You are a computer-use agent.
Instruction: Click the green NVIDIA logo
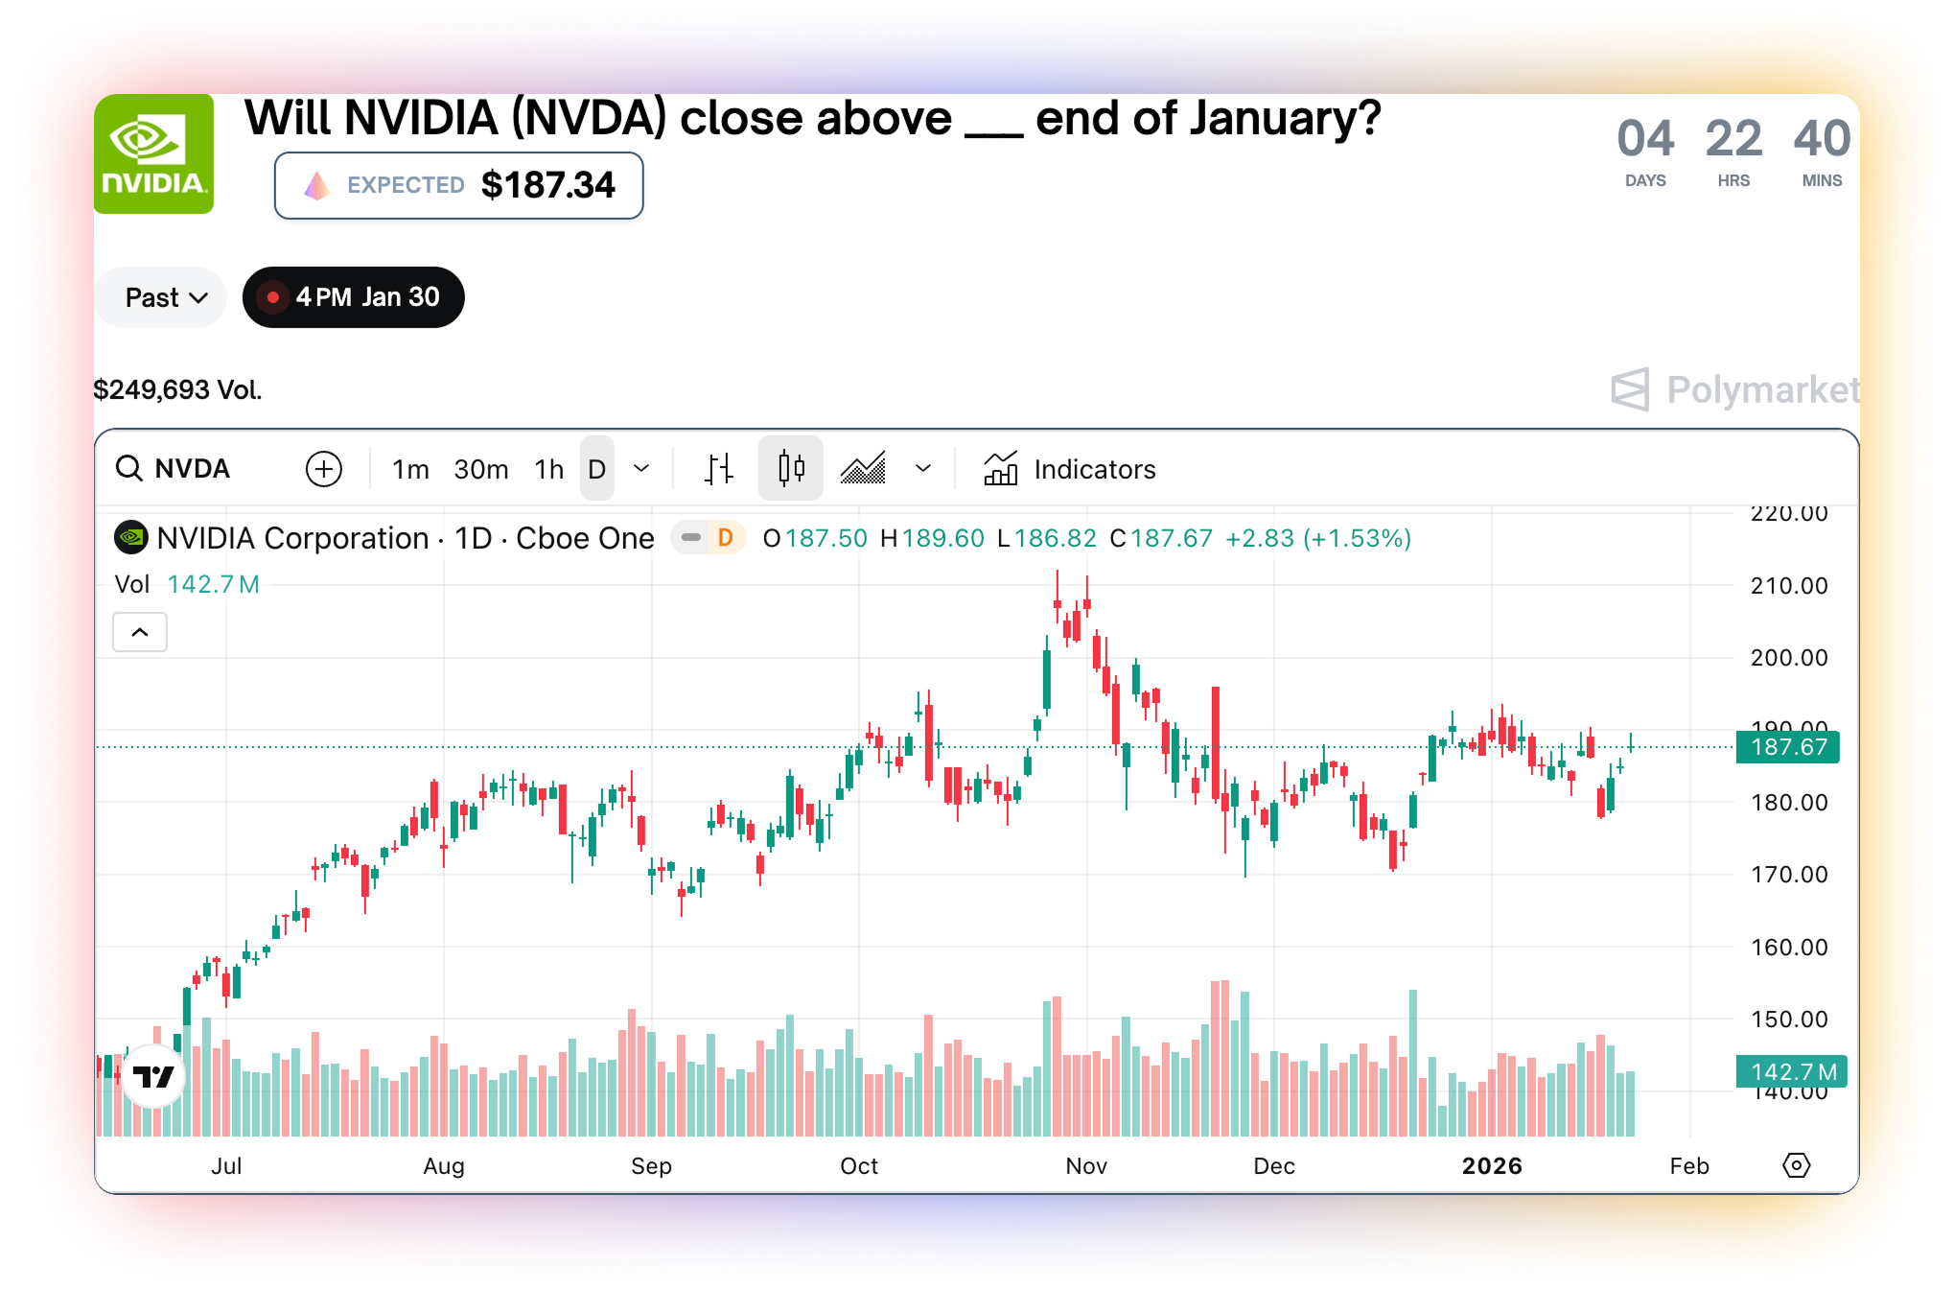(x=153, y=153)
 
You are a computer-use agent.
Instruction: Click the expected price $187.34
(x=547, y=185)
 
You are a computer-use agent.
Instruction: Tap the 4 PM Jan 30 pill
(x=353, y=297)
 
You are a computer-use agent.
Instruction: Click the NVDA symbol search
(x=174, y=469)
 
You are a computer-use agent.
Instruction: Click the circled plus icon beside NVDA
(x=324, y=469)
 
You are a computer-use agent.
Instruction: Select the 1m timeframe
(x=410, y=469)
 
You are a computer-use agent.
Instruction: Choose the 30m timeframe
(x=481, y=469)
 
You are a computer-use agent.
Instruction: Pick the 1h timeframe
(x=549, y=469)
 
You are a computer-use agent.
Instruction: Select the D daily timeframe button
(x=597, y=469)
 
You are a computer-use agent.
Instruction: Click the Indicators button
(x=1070, y=469)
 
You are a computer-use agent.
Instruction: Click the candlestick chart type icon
(x=791, y=469)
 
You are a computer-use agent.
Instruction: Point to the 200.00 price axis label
(x=1789, y=658)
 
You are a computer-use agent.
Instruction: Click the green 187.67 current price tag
(x=1788, y=747)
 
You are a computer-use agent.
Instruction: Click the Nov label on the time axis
(x=1086, y=1166)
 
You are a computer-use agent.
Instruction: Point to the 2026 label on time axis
(x=1492, y=1166)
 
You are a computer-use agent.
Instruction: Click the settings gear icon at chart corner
(x=1796, y=1165)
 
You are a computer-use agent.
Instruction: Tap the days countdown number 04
(x=1645, y=139)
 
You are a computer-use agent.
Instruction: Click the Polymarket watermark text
(x=1762, y=389)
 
